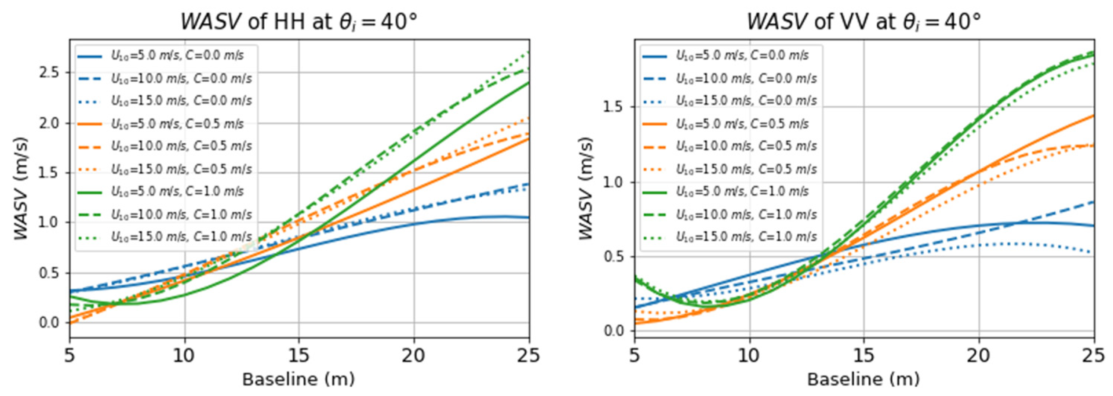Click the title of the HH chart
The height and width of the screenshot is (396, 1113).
tap(299, 21)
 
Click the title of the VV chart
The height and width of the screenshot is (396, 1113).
tap(864, 21)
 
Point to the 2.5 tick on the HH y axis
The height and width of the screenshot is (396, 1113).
tap(51, 73)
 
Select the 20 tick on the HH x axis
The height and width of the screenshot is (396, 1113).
tap(414, 356)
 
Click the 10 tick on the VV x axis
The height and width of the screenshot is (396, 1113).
tap(749, 356)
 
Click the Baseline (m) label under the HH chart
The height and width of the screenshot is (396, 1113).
tap(299, 380)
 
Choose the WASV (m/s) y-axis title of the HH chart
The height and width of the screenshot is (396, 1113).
tap(21, 189)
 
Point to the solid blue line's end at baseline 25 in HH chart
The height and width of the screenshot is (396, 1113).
tap(529, 218)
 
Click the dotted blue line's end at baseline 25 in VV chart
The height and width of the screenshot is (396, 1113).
tap(1093, 253)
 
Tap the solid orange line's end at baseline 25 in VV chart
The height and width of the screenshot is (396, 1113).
tap(1093, 116)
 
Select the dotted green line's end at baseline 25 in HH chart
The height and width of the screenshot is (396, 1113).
tap(529, 52)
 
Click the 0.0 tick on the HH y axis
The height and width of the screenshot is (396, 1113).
tap(51, 323)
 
